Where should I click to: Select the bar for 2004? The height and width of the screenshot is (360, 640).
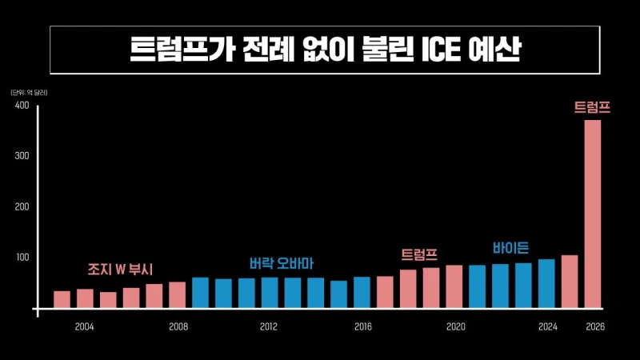[x=85, y=298]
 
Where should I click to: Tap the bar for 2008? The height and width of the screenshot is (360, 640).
[x=177, y=295]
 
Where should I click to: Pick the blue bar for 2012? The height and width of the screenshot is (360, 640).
[x=270, y=293]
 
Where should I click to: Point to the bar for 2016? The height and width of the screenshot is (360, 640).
[x=362, y=293]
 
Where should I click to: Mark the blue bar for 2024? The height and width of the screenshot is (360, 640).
[x=546, y=284]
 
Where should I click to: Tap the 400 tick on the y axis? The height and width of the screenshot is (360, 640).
[x=22, y=106]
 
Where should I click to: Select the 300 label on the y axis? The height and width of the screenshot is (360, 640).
[x=22, y=155]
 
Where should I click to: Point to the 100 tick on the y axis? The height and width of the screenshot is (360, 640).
[x=22, y=258]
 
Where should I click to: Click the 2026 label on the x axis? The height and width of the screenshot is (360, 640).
[x=594, y=326]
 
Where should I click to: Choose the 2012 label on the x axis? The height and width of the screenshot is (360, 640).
[x=269, y=326]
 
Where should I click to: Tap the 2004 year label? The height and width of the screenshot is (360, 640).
[x=84, y=326]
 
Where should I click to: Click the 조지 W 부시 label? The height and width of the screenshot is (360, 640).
[x=120, y=269]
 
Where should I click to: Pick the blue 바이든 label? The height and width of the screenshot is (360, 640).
[x=510, y=247]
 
